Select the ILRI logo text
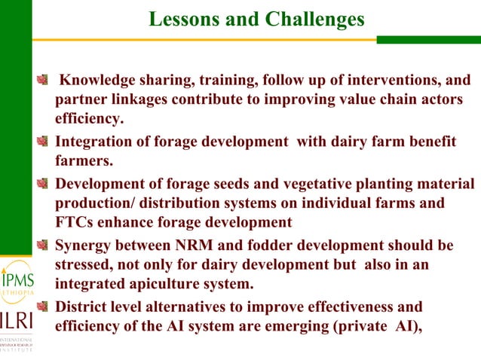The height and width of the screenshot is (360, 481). (17, 319)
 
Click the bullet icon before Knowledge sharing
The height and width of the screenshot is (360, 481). (46, 80)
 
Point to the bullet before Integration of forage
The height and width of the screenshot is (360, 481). (46, 141)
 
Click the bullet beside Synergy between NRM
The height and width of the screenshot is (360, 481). (46, 246)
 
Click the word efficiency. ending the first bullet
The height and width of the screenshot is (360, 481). (90, 119)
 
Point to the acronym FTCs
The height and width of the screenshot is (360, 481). (75, 222)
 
